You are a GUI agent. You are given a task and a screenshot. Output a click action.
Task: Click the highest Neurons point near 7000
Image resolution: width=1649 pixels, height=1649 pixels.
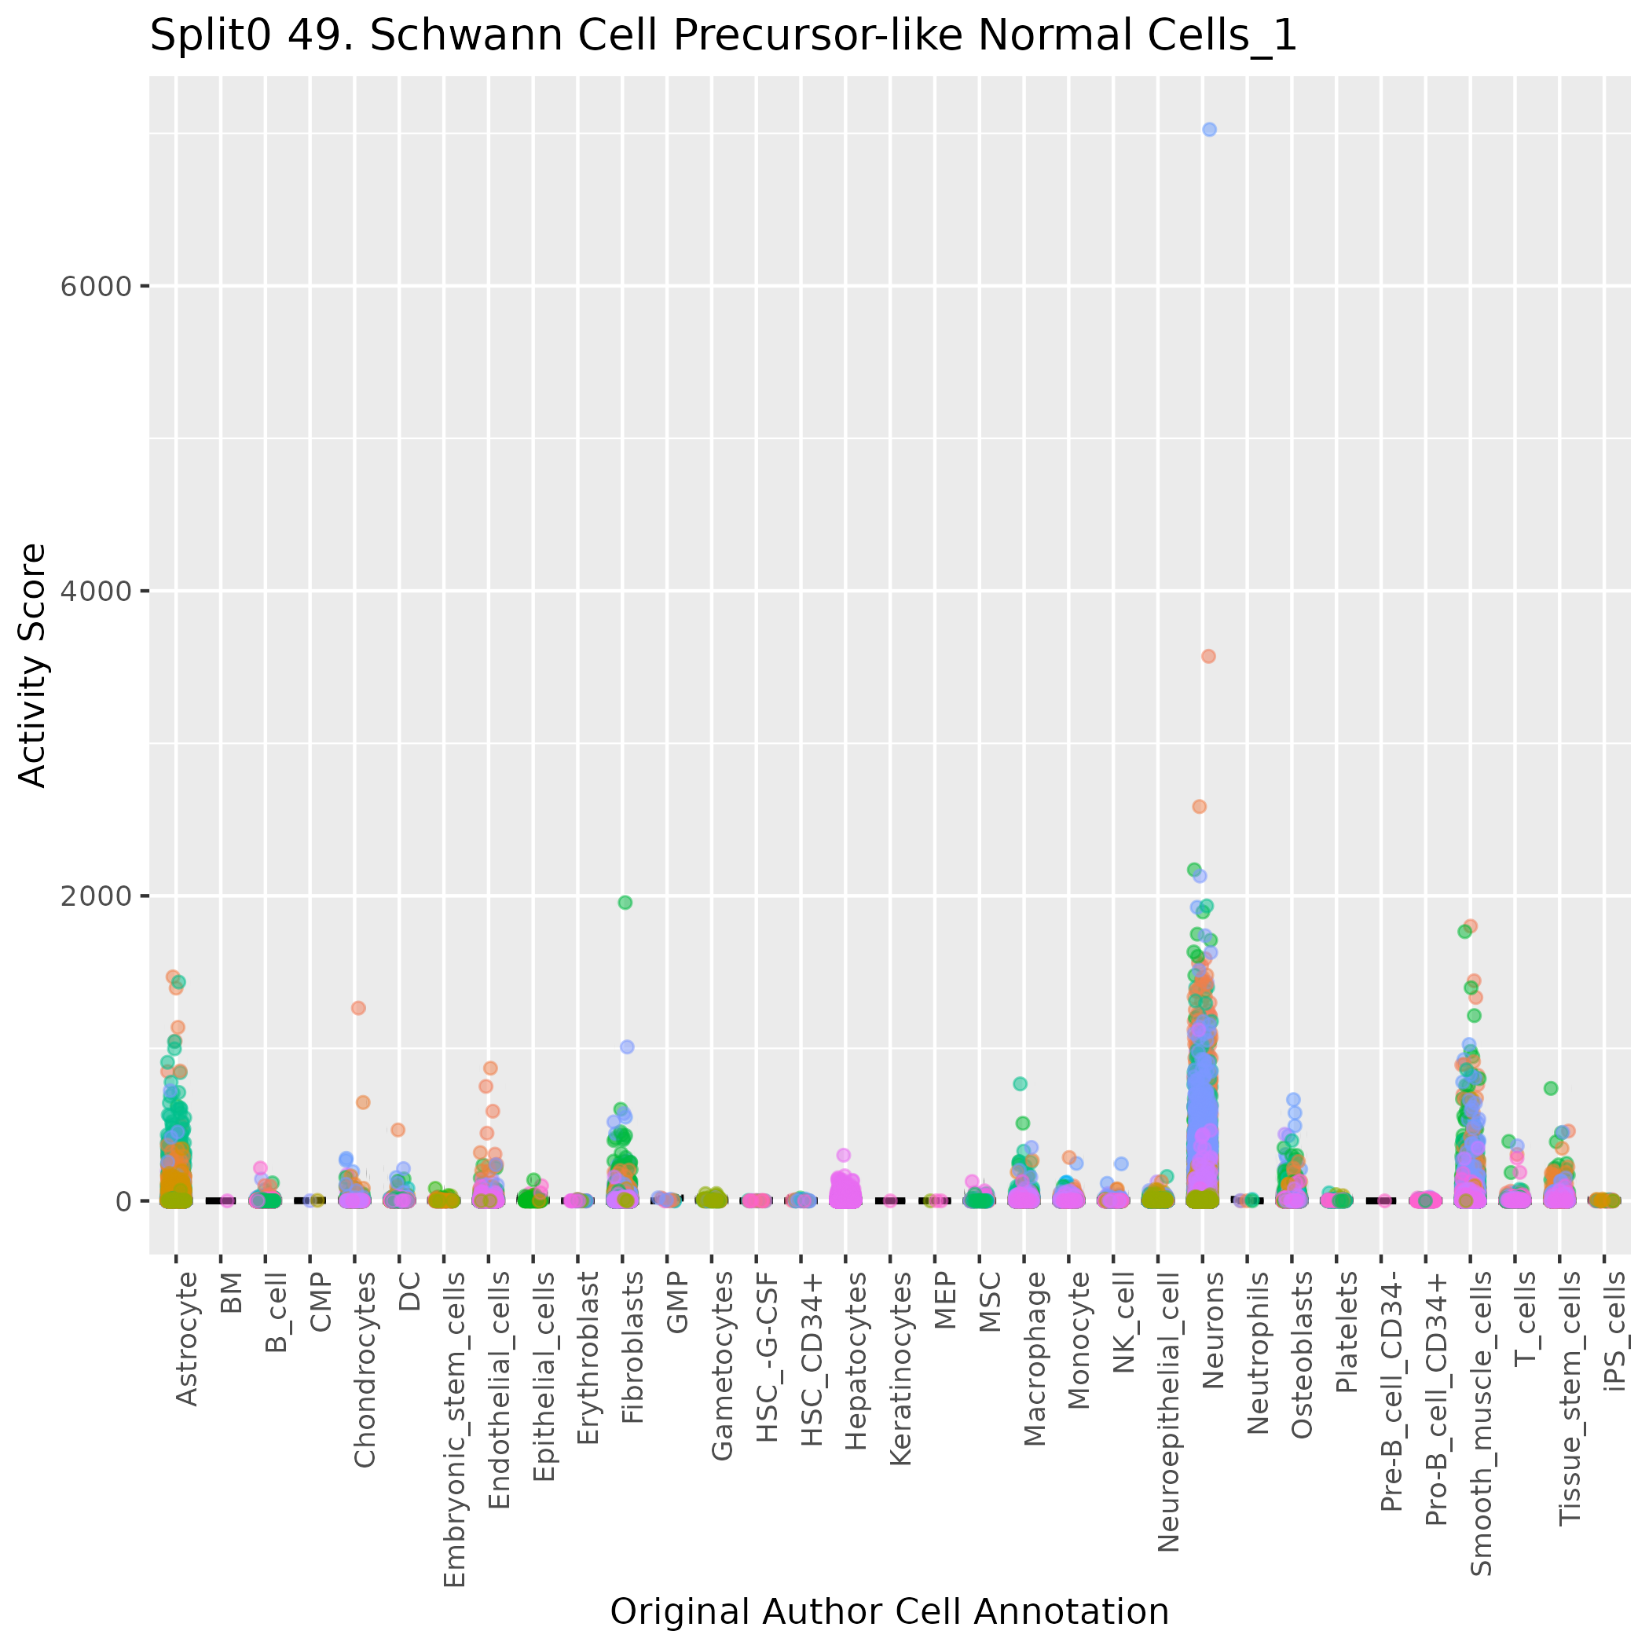(x=1209, y=130)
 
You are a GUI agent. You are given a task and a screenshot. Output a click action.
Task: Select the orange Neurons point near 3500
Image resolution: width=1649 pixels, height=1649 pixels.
(x=1208, y=656)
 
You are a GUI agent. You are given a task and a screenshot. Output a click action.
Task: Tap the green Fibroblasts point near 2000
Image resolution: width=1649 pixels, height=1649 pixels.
(x=625, y=902)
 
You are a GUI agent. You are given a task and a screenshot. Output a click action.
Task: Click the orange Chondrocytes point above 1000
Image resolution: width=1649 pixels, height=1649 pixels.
(x=358, y=1008)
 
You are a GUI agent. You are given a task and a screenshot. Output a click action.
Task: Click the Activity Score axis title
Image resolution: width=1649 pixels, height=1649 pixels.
(x=32, y=665)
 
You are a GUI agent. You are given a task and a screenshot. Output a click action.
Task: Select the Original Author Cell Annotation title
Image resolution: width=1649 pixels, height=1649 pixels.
(x=889, y=1611)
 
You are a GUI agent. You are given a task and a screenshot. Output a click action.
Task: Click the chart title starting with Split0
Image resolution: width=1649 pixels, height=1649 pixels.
(x=723, y=36)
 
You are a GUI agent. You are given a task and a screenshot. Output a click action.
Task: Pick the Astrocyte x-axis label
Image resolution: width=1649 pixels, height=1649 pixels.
(x=187, y=1339)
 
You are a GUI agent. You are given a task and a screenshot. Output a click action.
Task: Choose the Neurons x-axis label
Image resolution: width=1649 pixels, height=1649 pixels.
(x=1213, y=1330)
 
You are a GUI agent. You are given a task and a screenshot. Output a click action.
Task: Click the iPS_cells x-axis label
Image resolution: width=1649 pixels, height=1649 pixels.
(x=1616, y=1332)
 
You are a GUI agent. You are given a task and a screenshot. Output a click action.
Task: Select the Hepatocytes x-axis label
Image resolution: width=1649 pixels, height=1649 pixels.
(x=856, y=1349)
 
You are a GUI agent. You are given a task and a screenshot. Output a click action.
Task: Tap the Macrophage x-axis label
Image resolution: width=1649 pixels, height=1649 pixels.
(x=1035, y=1347)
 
